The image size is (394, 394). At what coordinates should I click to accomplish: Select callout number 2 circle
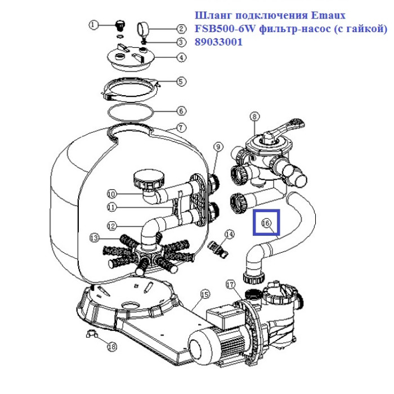(181, 29)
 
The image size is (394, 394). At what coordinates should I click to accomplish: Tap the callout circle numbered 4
(181, 57)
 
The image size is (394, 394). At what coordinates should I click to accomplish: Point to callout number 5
(181, 82)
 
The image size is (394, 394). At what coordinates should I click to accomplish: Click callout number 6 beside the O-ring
(181, 111)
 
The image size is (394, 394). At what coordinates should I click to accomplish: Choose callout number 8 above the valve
(254, 117)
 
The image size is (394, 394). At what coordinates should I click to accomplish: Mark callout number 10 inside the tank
(111, 193)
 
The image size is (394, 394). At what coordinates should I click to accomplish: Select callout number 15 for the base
(204, 294)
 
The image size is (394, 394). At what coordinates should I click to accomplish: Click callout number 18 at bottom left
(111, 347)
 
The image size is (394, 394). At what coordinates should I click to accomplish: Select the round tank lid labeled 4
(134, 57)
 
